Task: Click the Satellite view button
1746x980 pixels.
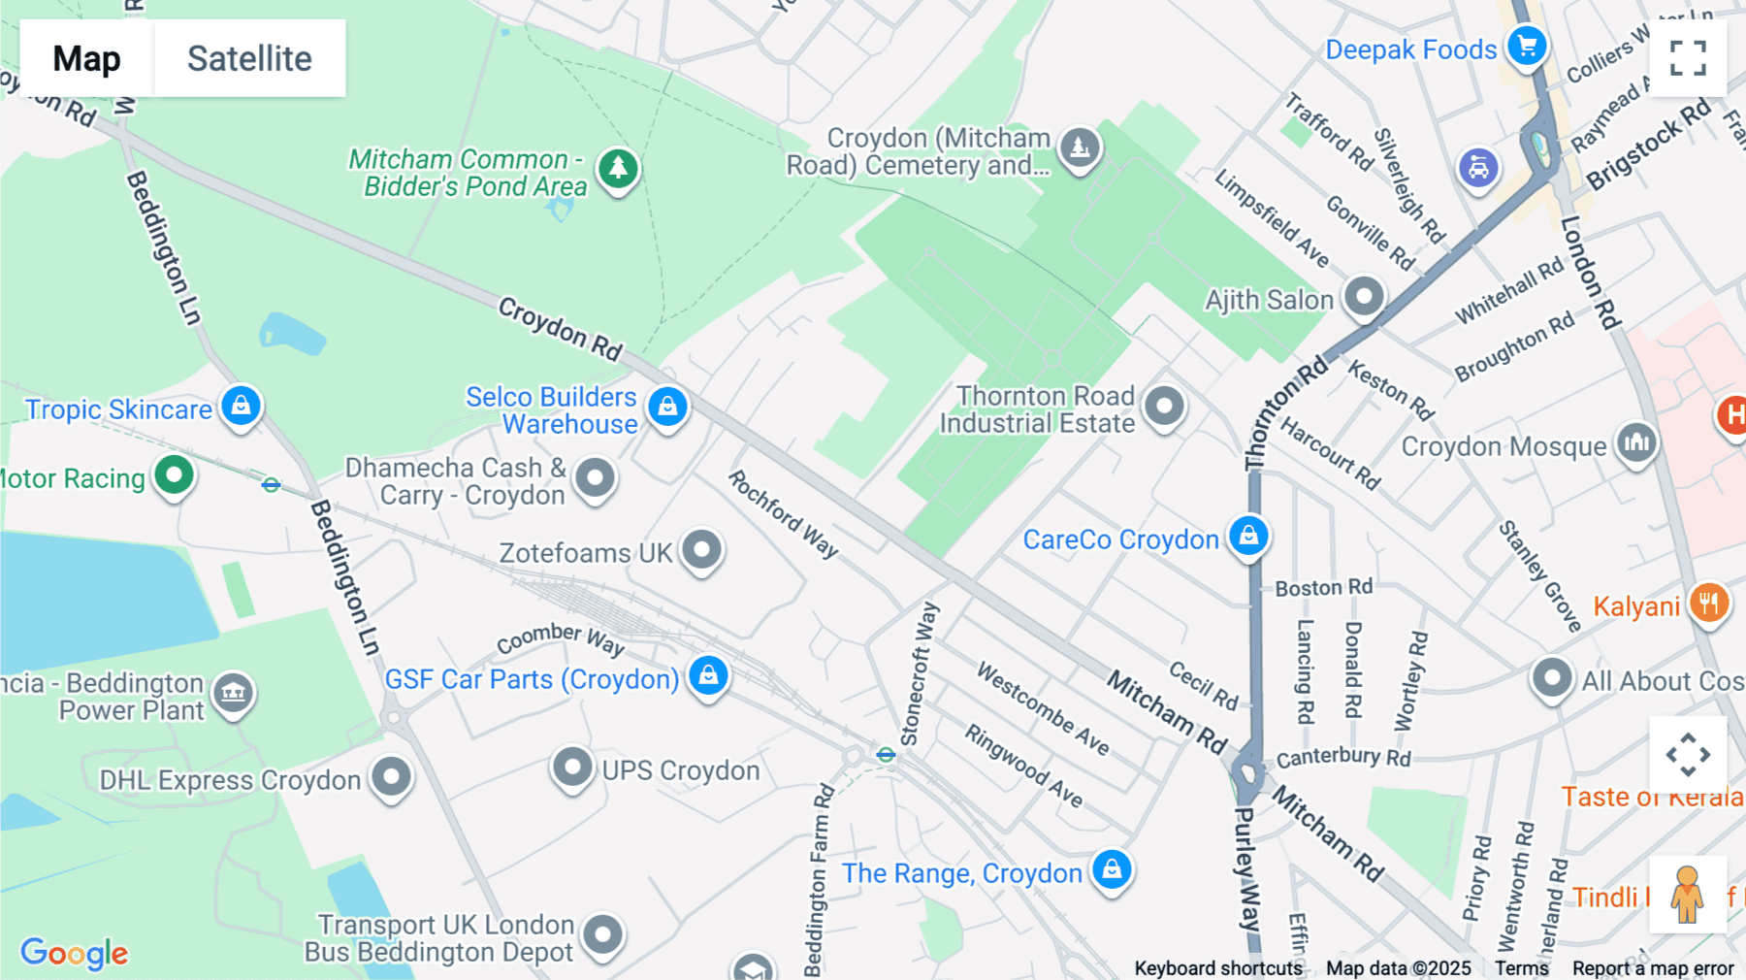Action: [249, 58]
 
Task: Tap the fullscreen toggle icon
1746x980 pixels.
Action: [1688, 58]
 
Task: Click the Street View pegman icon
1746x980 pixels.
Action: [1687, 895]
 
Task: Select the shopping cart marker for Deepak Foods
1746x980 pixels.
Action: [1527, 46]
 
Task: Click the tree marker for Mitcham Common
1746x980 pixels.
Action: [618, 169]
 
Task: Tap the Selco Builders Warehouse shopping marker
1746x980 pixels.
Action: [667, 407]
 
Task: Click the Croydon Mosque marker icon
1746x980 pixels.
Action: [1636, 443]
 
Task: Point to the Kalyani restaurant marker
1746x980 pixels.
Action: [1709, 604]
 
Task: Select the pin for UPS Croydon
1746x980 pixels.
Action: [572, 768]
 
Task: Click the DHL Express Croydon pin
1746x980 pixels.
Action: [392, 776]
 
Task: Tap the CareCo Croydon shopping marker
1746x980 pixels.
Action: [1248, 536]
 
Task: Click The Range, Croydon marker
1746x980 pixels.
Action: [1112, 869]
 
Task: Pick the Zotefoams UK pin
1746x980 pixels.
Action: [701, 550]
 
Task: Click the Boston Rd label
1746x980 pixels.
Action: [1323, 588]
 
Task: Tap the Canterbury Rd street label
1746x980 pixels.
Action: [1342, 757]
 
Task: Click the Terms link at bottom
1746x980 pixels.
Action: [1521, 967]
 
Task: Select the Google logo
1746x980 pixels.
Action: [75, 953]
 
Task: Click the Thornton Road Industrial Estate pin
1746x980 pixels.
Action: [1164, 406]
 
